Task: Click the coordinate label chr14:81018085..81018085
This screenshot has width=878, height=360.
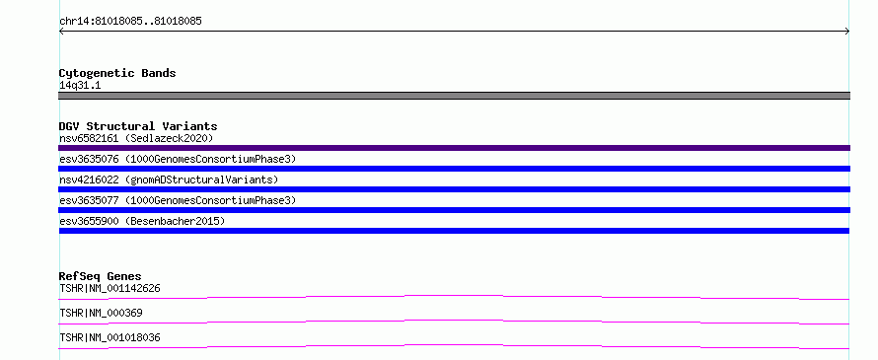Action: [x=130, y=22]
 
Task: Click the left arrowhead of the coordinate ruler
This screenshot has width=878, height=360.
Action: [x=61, y=32]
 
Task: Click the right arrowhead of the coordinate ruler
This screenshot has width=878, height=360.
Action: [x=847, y=32]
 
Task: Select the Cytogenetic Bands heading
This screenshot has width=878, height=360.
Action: [x=117, y=73]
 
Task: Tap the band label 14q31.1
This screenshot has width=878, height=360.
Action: [x=80, y=86]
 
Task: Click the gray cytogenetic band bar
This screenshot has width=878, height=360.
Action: [x=454, y=96]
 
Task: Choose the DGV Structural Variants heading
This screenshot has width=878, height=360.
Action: [x=138, y=126]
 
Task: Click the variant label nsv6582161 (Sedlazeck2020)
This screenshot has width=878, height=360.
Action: [x=136, y=138]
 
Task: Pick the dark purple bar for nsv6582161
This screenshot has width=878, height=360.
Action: [x=454, y=148]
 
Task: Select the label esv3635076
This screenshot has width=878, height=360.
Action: [x=89, y=159]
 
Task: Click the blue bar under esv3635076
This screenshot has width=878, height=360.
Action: [x=454, y=169]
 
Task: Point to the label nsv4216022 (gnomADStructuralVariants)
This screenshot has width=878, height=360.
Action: [x=169, y=180]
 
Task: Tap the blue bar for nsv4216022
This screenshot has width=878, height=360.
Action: [x=454, y=189]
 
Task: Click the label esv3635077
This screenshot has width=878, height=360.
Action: [x=89, y=200]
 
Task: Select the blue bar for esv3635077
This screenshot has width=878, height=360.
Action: [x=454, y=210]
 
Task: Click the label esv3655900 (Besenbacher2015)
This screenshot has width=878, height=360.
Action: [x=142, y=221]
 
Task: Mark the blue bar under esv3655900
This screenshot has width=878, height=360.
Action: [x=454, y=231]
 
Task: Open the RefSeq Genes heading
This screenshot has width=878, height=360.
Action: [x=101, y=276]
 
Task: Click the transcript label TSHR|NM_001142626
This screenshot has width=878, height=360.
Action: [x=110, y=288]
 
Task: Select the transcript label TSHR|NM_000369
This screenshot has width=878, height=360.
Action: [x=101, y=313]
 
